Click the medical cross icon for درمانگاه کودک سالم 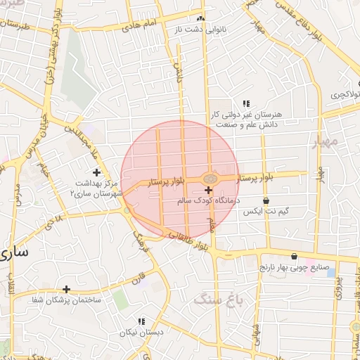click(208, 190)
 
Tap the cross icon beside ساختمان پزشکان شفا click(67, 288)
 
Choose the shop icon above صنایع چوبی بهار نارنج click(294, 257)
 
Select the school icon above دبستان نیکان click(141, 321)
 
